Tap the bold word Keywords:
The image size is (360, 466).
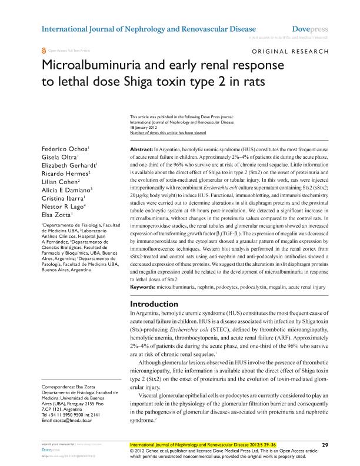click(142, 288)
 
